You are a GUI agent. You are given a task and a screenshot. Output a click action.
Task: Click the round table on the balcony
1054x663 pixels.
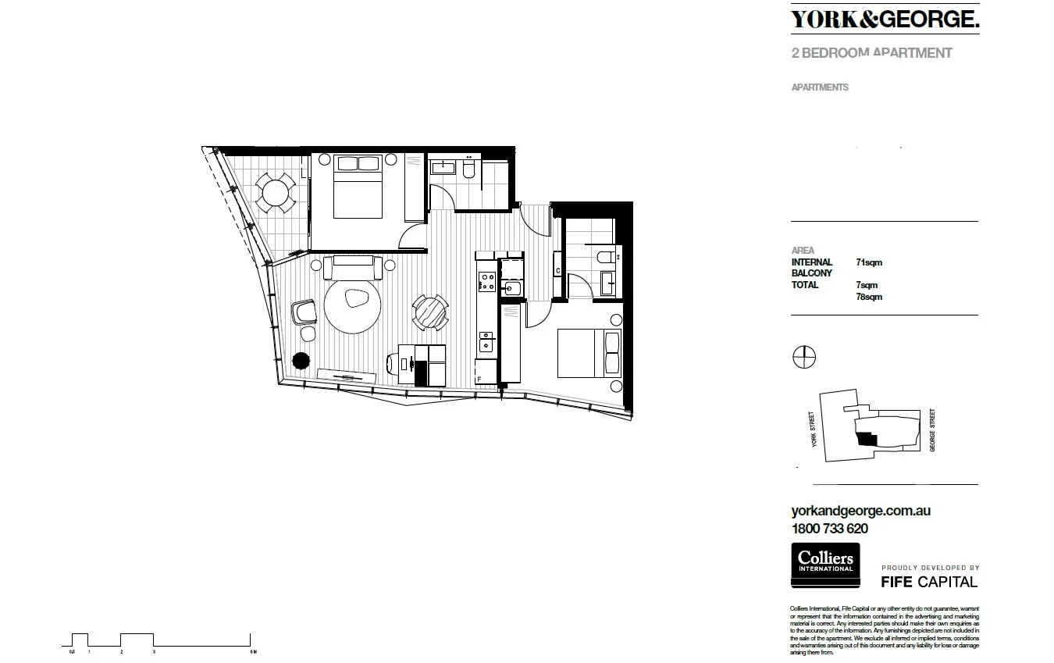pyautogui.click(x=275, y=191)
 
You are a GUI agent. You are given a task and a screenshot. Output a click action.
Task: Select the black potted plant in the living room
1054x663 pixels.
pyautogui.click(x=300, y=360)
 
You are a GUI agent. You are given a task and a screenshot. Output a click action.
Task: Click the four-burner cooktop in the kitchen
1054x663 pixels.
pyautogui.click(x=486, y=281)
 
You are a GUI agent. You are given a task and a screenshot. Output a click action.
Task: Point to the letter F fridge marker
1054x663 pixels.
pyautogui.click(x=479, y=380)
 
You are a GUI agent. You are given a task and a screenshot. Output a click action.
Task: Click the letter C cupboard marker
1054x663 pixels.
pyautogui.click(x=557, y=271)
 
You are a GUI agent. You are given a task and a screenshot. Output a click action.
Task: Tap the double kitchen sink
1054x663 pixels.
pyautogui.click(x=486, y=340)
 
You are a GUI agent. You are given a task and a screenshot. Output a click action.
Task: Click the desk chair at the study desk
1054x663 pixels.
pyautogui.click(x=394, y=363)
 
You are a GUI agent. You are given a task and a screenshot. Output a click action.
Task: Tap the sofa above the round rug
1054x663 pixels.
pyautogui.click(x=352, y=268)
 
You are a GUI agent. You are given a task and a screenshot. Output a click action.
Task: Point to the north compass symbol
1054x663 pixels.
pyautogui.click(x=803, y=358)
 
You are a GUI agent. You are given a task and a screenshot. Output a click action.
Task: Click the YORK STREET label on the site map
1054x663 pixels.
pyautogui.click(x=813, y=429)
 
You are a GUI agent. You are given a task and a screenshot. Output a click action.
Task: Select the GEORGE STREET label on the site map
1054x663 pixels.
pyautogui.click(x=932, y=430)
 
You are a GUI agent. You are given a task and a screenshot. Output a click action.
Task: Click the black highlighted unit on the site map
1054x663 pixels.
pyautogui.click(x=867, y=440)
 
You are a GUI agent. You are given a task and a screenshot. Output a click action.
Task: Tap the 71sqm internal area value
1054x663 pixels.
pyautogui.click(x=869, y=263)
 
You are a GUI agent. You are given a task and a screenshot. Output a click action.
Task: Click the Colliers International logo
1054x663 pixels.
pyautogui.click(x=825, y=565)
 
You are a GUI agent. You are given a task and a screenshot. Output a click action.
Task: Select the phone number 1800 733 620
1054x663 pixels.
pyautogui.click(x=829, y=528)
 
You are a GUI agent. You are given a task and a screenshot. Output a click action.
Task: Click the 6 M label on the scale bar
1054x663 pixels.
pyautogui.click(x=252, y=651)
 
